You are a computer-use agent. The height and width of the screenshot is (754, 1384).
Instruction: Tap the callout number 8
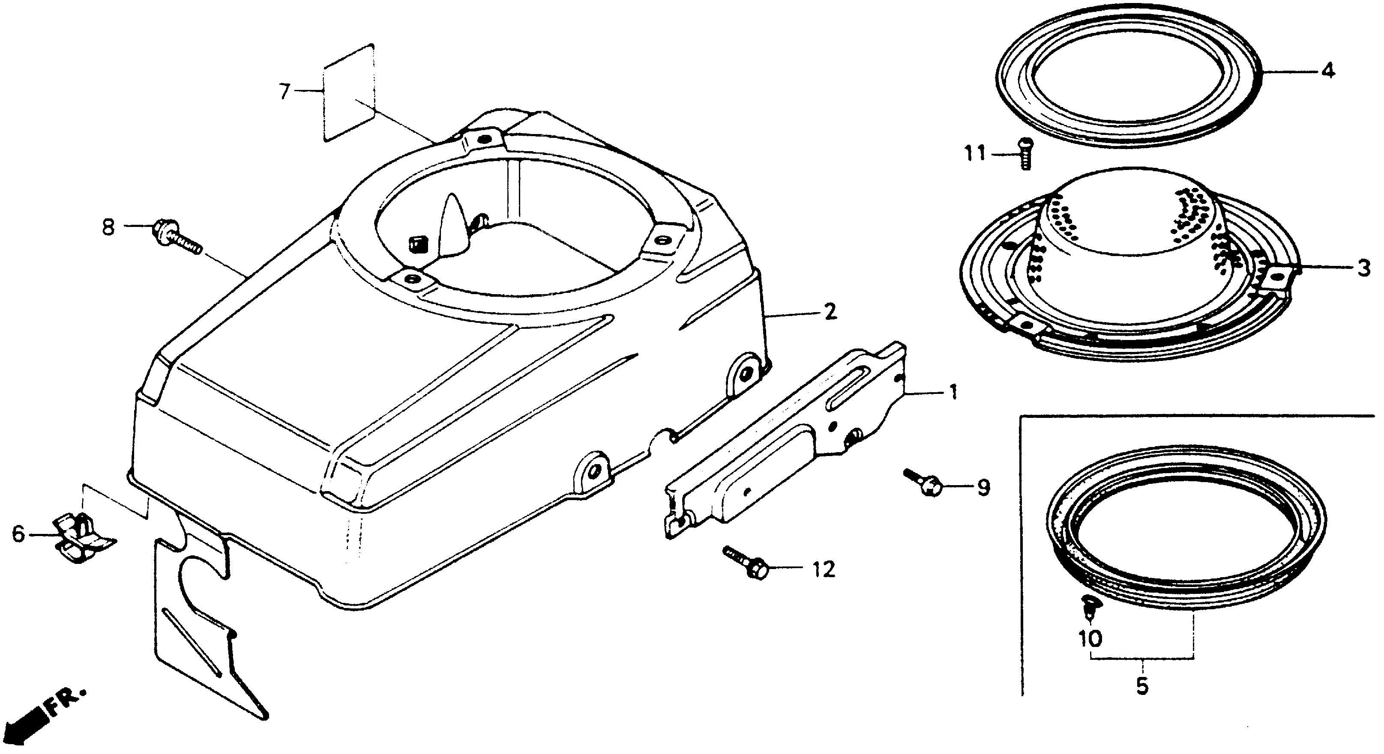[x=108, y=228]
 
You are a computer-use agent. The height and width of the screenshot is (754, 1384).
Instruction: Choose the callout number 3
[x=1363, y=268]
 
